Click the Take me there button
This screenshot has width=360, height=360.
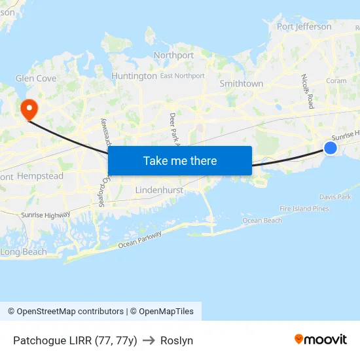click(180, 161)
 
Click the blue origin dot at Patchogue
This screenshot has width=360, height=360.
click(331, 149)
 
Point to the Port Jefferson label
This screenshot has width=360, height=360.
click(304, 27)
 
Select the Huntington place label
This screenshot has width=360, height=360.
click(134, 76)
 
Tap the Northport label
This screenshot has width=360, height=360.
click(173, 56)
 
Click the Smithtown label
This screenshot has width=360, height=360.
click(242, 84)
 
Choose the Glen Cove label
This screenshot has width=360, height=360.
click(36, 78)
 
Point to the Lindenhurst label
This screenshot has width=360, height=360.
click(159, 190)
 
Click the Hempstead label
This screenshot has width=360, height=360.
click(40, 176)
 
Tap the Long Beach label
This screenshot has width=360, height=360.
click(24, 252)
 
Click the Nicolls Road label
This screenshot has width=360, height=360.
click(308, 92)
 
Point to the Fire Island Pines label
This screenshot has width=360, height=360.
click(304, 208)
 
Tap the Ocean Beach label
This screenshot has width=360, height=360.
click(262, 221)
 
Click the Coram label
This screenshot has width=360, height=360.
click(336, 81)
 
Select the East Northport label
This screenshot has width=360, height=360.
click(183, 76)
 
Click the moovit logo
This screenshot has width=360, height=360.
click(320, 340)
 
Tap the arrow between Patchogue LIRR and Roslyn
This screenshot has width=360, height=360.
click(149, 340)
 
